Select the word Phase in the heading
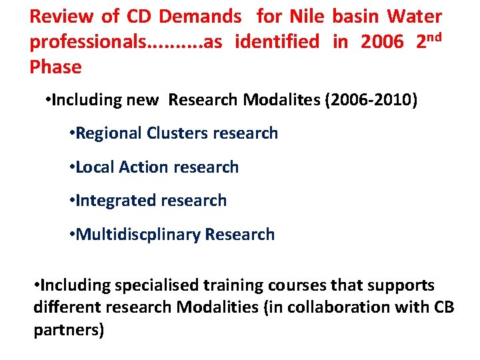click(x=55, y=67)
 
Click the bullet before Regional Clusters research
click(x=72, y=133)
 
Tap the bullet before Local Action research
click(x=72, y=167)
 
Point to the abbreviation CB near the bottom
click(x=423, y=308)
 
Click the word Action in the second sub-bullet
click(x=141, y=167)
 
